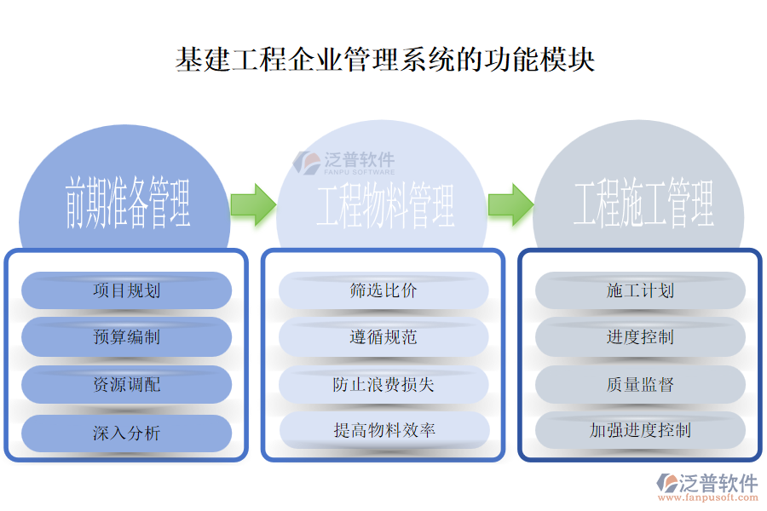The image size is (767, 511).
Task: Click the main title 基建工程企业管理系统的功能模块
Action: (384, 60)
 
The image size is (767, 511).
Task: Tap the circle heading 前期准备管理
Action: (126, 204)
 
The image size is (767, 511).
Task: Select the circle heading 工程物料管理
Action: (384, 205)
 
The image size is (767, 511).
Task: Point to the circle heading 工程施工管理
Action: (643, 204)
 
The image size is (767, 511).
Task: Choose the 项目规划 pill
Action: (126, 290)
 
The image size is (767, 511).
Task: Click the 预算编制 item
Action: (126, 337)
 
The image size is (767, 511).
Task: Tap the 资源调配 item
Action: (126, 385)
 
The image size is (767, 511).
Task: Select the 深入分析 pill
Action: (126, 433)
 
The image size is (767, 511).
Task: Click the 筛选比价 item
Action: (383, 290)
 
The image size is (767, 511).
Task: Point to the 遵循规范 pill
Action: (383, 337)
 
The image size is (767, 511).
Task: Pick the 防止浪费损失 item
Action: (383, 385)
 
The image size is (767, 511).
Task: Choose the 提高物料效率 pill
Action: (383, 431)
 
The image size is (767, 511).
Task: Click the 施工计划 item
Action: (640, 290)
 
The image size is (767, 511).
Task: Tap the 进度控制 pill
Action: (640, 337)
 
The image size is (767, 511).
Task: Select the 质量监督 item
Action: (640, 385)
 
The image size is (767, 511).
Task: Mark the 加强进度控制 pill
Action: (640, 430)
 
